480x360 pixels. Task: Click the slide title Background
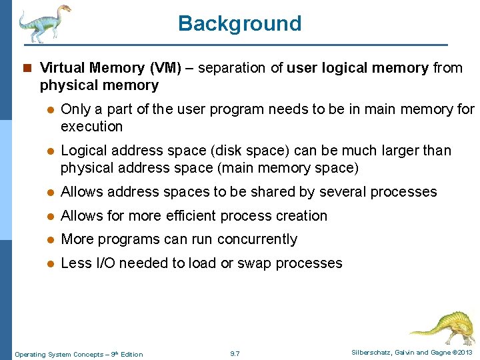pyautogui.click(x=239, y=23)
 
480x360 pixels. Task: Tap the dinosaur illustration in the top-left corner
pyautogui.click(x=44, y=23)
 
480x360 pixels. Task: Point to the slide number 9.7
pyautogui.click(x=234, y=353)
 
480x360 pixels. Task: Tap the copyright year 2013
pyautogui.click(x=463, y=353)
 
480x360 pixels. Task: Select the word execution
pyautogui.click(x=92, y=127)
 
